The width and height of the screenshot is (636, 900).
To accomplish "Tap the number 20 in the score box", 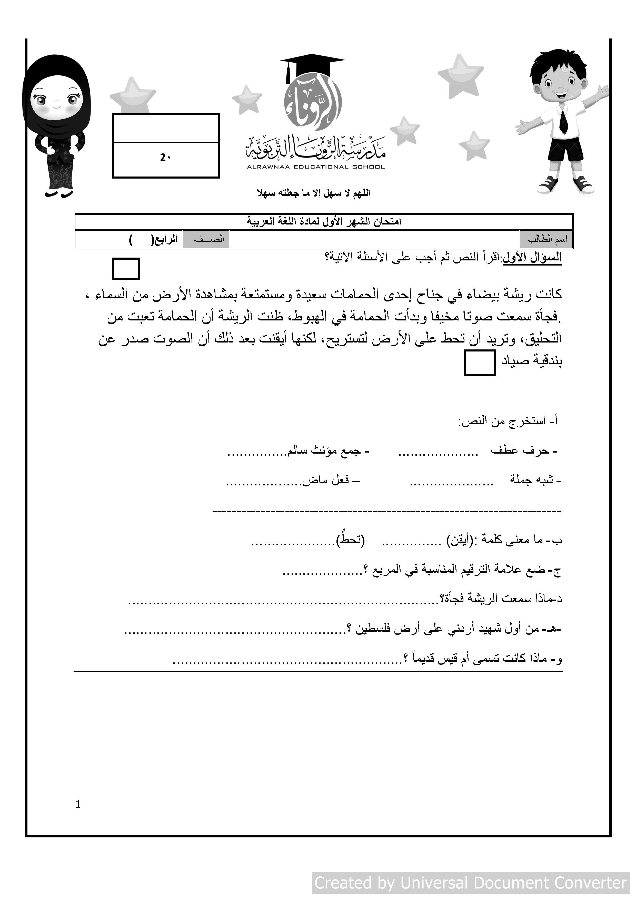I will (x=165, y=157).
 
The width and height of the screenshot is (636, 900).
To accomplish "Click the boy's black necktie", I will (x=563, y=122).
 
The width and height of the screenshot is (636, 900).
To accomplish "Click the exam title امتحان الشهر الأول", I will (x=324, y=221).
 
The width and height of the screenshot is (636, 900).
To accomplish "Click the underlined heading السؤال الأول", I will (x=532, y=258).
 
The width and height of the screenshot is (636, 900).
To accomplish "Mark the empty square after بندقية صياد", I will (x=479, y=363).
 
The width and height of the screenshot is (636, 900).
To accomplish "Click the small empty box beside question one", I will (x=126, y=269).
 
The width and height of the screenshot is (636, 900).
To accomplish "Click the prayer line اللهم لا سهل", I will (x=313, y=193).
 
